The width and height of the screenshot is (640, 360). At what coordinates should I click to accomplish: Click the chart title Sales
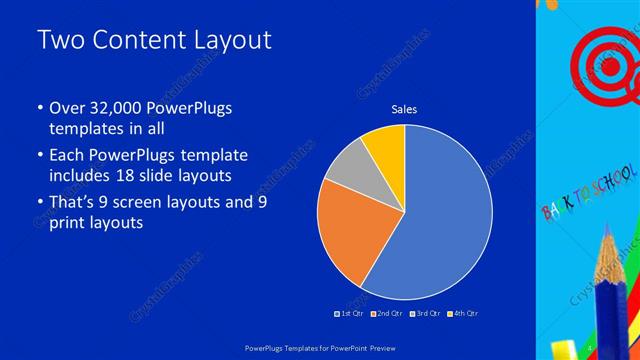(x=404, y=109)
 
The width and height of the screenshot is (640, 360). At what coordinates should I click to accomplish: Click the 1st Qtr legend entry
(x=347, y=314)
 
